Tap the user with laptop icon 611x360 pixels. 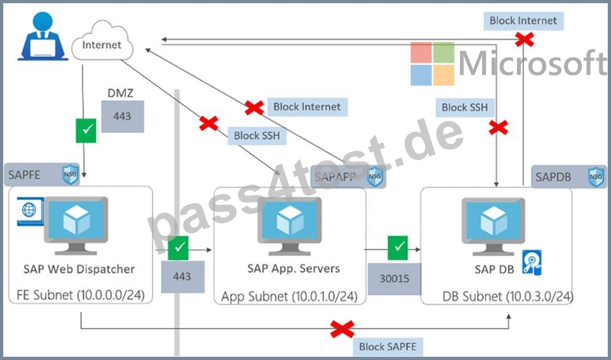(43, 36)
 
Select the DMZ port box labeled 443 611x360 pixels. (122, 116)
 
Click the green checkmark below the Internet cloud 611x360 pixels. (86, 131)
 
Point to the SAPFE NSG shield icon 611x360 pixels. (70, 175)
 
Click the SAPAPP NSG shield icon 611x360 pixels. (375, 177)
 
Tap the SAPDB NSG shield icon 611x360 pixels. (596, 177)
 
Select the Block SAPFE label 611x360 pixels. (388, 346)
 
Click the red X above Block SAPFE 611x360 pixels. (342, 329)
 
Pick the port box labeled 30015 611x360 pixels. (395, 278)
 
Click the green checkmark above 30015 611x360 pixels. (398, 247)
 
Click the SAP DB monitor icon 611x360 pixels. (494, 226)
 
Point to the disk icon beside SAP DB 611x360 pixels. (532, 263)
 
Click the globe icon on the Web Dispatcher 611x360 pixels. (29, 211)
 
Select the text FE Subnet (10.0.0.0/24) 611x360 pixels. (81, 295)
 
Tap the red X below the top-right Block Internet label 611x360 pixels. (525, 39)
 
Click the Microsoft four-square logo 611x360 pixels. (432, 64)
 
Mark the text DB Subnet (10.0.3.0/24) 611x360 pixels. (508, 296)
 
